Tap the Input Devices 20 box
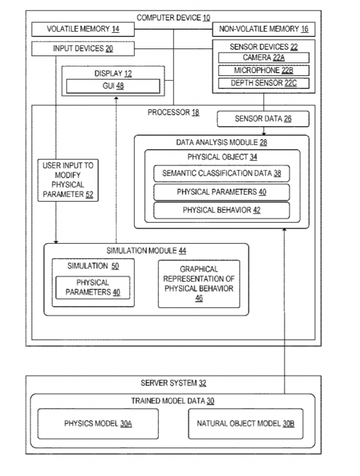point(84,48)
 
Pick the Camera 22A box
point(264,58)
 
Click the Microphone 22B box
point(264,71)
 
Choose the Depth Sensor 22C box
point(264,83)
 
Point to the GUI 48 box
point(112,86)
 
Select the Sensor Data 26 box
point(263,120)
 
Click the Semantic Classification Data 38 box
point(221,173)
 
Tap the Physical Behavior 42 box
point(221,210)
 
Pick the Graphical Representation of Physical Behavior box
point(199,283)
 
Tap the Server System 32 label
point(173,383)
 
